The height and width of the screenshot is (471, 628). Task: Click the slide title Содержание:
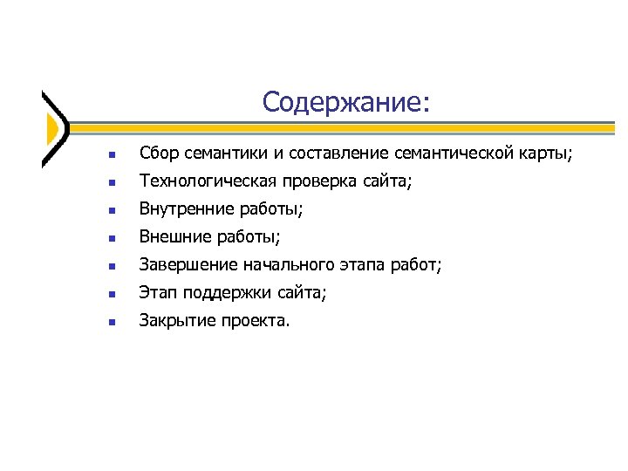(x=345, y=103)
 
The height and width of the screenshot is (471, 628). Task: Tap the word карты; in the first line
(x=548, y=154)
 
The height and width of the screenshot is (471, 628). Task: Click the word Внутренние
(x=188, y=209)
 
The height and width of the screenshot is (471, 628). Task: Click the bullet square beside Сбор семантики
(x=111, y=156)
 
